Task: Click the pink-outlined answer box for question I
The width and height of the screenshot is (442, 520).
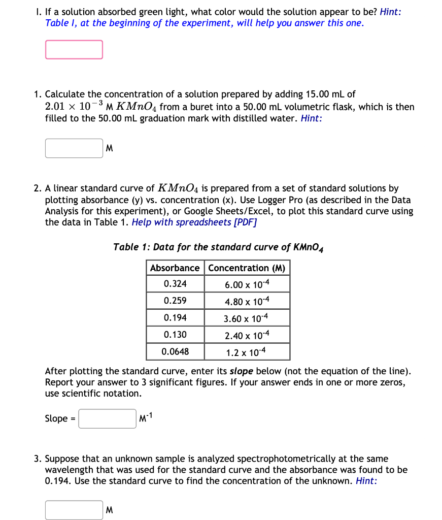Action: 74,50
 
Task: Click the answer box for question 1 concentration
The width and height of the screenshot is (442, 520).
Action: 74,148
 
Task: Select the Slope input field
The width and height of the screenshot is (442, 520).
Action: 107,419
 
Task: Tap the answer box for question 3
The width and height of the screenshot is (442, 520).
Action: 74,510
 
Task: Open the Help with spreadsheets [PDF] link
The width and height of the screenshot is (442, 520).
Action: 194,222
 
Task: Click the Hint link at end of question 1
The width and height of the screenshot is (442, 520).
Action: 312,118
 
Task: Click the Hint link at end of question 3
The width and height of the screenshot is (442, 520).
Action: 366,481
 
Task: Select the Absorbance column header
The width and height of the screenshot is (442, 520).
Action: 175,268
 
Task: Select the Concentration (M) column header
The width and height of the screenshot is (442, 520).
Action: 247,268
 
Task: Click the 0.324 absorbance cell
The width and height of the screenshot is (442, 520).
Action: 175,284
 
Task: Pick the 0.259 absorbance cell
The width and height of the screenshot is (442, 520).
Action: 175,301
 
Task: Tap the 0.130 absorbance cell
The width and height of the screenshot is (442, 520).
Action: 175,335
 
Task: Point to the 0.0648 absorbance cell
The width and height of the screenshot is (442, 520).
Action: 175,351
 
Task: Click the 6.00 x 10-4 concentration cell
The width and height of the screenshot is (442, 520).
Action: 247,284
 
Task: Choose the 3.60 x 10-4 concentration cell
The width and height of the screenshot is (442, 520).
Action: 247,318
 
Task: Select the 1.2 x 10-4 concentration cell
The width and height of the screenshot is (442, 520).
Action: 247,352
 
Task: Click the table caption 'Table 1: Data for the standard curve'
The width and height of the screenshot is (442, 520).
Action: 218,247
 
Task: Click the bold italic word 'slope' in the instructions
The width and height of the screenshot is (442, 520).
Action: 243,371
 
